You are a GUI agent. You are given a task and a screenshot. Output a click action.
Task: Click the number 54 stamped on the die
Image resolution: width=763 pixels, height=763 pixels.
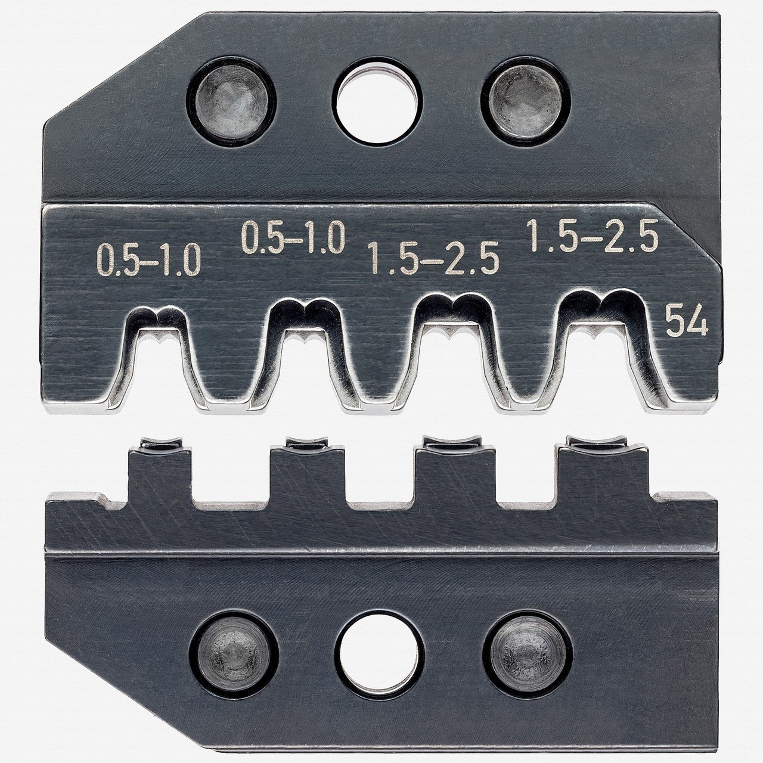tap(686, 325)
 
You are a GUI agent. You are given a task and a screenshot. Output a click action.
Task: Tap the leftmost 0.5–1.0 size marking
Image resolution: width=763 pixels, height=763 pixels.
tap(148, 262)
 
